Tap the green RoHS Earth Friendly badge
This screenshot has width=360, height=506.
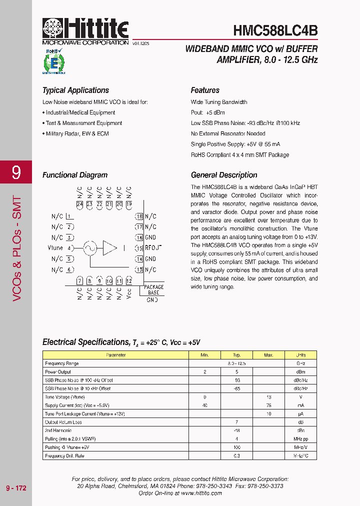tap(53, 62)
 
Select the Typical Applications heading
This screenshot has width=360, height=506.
tap(75, 90)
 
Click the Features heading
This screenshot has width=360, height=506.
tap(205, 90)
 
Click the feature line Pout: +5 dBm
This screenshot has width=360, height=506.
tap(208, 112)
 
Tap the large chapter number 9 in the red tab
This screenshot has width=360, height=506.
tap(16, 172)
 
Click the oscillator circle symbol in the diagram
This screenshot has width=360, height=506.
tap(90, 247)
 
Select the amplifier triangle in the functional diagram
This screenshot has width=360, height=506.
tap(109, 247)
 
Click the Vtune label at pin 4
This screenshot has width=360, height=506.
tap(55, 248)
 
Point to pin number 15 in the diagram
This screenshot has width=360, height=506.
tap(139, 248)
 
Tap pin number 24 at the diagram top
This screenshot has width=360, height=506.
tap(79, 204)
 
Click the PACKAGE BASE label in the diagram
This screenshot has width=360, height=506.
tap(153, 289)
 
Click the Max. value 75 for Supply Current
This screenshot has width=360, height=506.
tap(268, 405)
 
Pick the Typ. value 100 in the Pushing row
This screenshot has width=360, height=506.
tap(236, 447)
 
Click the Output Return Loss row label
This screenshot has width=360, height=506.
tap(63, 422)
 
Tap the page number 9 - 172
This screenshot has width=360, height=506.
tap(16, 487)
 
